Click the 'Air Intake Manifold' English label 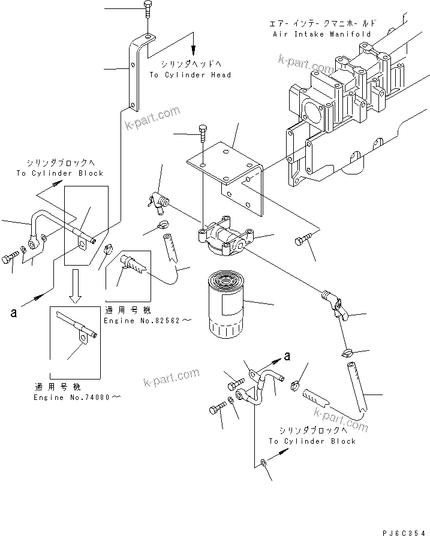coord(320,34)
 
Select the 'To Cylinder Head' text coord(190,75)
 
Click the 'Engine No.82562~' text coord(147,321)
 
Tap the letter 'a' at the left coord(12,312)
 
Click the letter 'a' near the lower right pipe coord(288,356)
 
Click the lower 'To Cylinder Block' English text coord(312,441)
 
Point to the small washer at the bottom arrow coord(264,462)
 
